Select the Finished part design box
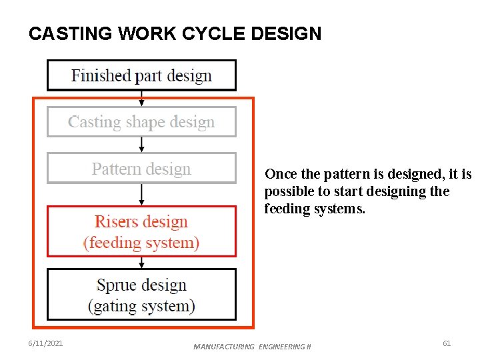tap(141, 75)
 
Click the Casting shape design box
tap(141, 122)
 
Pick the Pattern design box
tap(141, 169)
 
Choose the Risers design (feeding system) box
tap(141, 231)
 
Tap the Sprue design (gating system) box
tap(141, 295)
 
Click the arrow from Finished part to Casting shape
tap(141, 99)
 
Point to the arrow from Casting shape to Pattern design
tap(141, 145)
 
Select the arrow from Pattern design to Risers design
tap(141, 194)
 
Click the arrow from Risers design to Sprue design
tap(141, 262)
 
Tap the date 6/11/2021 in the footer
tap(47, 343)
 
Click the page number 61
tap(447, 343)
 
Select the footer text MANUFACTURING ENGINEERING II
tap(252, 347)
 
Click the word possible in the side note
tap(286, 192)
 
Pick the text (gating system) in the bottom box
tap(141, 306)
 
